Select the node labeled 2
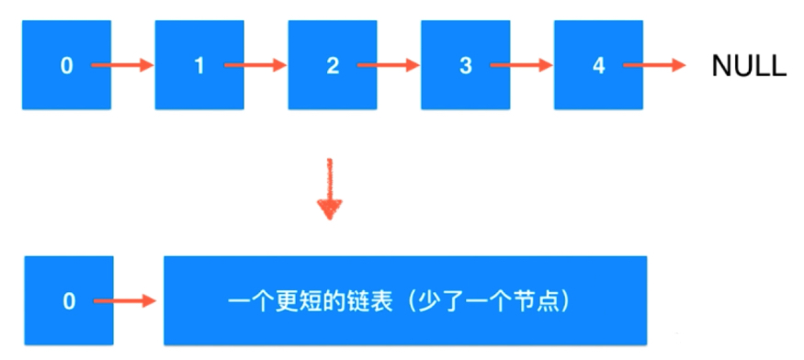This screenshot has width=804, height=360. (x=333, y=66)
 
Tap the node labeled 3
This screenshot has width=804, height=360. (x=466, y=66)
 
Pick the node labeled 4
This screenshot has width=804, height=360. (x=599, y=66)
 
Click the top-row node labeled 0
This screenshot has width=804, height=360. (x=66, y=66)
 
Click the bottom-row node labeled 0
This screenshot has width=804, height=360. (x=69, y=300)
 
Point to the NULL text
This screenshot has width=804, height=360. (x=749, y=66)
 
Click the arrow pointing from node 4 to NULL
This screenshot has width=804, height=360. (x=654, y=66)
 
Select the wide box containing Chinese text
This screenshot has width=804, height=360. (x=404, y=300)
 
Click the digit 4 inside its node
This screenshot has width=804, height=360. (x=598, y=66)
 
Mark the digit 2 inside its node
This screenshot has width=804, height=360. (x=332, y=66)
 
